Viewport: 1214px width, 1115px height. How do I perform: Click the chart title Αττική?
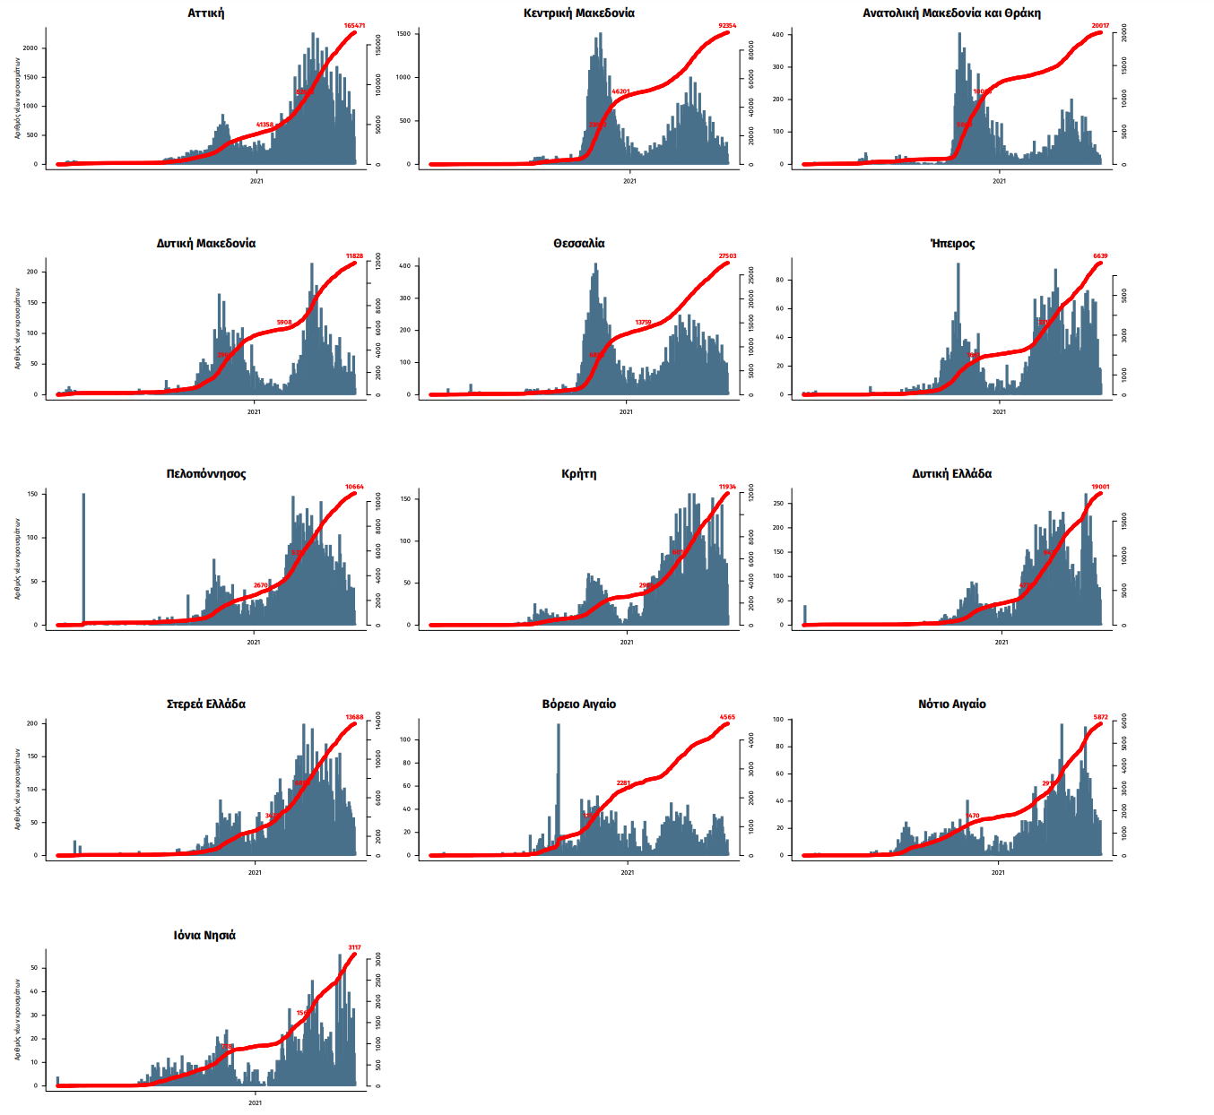click(x=206, y=13)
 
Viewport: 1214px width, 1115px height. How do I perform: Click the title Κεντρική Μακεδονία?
click(x=579, y=13)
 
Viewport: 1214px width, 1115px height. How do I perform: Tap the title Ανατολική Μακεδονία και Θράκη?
click(x=951, y=13)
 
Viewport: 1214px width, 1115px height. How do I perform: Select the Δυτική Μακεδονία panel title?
click(x=206, y=244)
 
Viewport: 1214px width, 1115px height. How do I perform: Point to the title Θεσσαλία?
click(x=579, y=244)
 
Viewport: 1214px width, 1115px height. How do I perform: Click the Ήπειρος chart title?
click(x=952, y=244)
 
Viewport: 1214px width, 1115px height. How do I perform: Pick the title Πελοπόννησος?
click(x=206, y=474)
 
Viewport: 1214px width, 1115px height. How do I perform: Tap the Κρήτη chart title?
click(x=579, y=474)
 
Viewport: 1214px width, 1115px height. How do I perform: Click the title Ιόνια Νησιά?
click(x=205, y=935)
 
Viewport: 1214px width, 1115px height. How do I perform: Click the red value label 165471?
click(x=354, y=26)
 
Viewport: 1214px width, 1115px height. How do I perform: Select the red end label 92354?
click(x=727, y=26)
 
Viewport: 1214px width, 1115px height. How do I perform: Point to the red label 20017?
click(x=1100, y=26)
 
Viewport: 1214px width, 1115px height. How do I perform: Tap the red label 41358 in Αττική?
click(x=264, y=125)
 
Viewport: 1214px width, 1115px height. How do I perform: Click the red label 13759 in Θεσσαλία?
click(x=643, y=323)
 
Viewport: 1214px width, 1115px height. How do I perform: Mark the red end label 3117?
click(x=354, y=947)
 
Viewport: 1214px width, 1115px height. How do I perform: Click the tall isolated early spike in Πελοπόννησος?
click(x=83, y=556)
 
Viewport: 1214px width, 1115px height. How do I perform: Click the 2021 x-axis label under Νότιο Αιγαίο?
click(x=998, y=872)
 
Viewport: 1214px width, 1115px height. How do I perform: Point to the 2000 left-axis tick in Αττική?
click(x=30, y=48)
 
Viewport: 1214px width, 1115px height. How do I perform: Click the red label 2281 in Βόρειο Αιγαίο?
click(x=623, y=783)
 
